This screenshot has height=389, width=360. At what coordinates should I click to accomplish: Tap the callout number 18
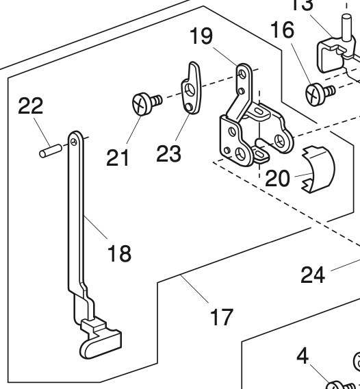tap(118, 253)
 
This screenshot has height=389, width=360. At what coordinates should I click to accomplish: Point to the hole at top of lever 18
tap(73, 141)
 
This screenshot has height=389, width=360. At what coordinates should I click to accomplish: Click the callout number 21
tap(118, 158)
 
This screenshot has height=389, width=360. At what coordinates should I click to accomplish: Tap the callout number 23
tap(168, 153)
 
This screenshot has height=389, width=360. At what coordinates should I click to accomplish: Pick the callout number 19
tap(201, 36)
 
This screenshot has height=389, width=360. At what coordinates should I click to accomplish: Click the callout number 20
tap(278, 178)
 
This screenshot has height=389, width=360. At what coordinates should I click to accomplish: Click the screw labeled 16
tap(316, 92)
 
